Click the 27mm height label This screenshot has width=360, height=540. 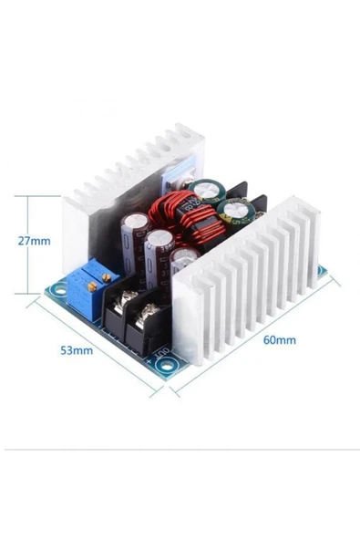coord(33,242)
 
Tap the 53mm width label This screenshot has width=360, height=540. coord(77,349)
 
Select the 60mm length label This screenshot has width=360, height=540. coord(278,340)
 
